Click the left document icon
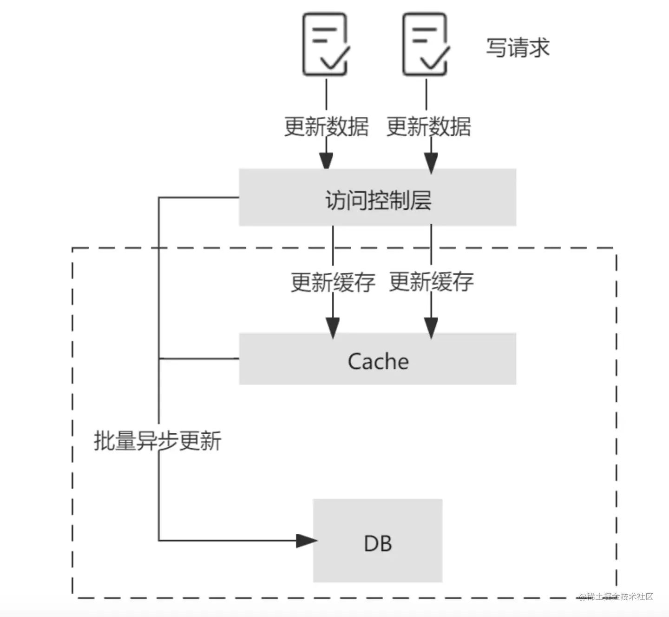pos(325,44)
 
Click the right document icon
pos(425,44)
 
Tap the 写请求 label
pos(518,48)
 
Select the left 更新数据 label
pos(326,126)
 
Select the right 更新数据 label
pos(428,126)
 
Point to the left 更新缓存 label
pos(333,282)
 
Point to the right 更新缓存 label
pos(431,282)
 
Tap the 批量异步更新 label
pos(157,440)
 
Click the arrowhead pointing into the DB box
pos(306,540)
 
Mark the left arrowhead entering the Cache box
pos(333,327)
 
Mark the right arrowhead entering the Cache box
pos(431,327)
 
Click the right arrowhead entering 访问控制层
pos(431,163)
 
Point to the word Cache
pos(378,361)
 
